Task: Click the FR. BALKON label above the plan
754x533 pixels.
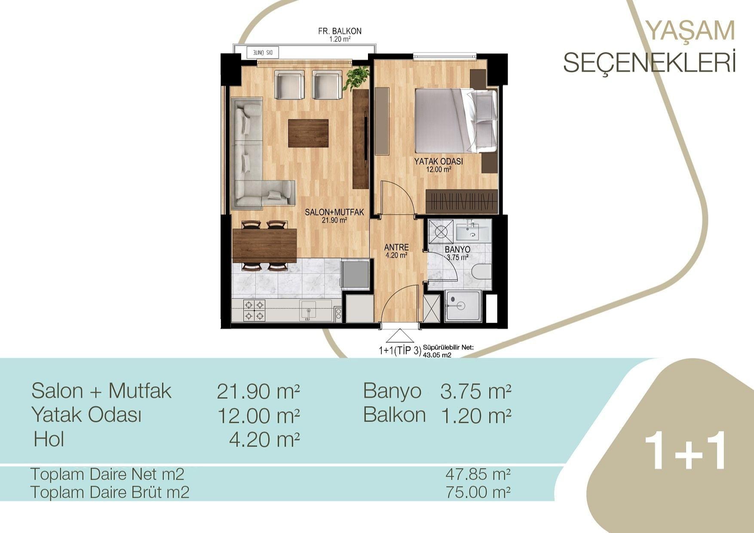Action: coord(340,31)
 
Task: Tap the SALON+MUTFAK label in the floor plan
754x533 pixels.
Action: coord(334,212)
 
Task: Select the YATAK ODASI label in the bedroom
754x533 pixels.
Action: coord(438,162)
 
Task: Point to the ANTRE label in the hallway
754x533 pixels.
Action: coord(396,247)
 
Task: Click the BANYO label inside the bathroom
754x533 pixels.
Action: coord(457,250)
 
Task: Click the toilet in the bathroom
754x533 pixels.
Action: coord(481,272)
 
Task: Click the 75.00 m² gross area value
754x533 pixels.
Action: coord(478,491)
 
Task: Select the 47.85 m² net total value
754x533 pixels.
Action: coord(478,474)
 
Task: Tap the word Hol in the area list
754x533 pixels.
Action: coord(49,439)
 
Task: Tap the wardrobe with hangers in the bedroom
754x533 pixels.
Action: coord(462,201)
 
